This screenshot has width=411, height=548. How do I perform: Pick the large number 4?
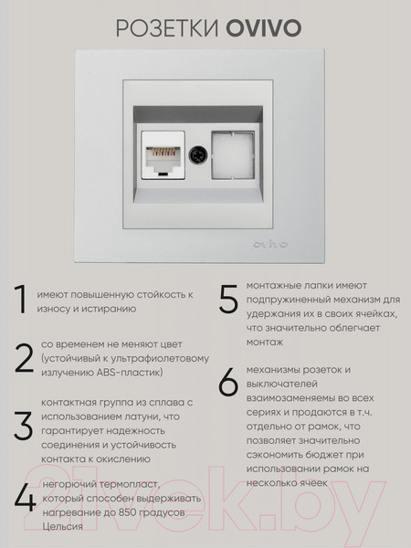point(24,498)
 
